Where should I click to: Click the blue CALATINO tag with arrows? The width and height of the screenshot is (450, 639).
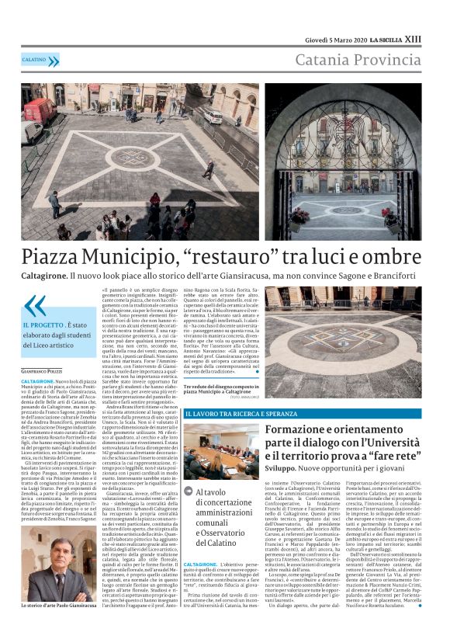[x=40, y=60]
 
